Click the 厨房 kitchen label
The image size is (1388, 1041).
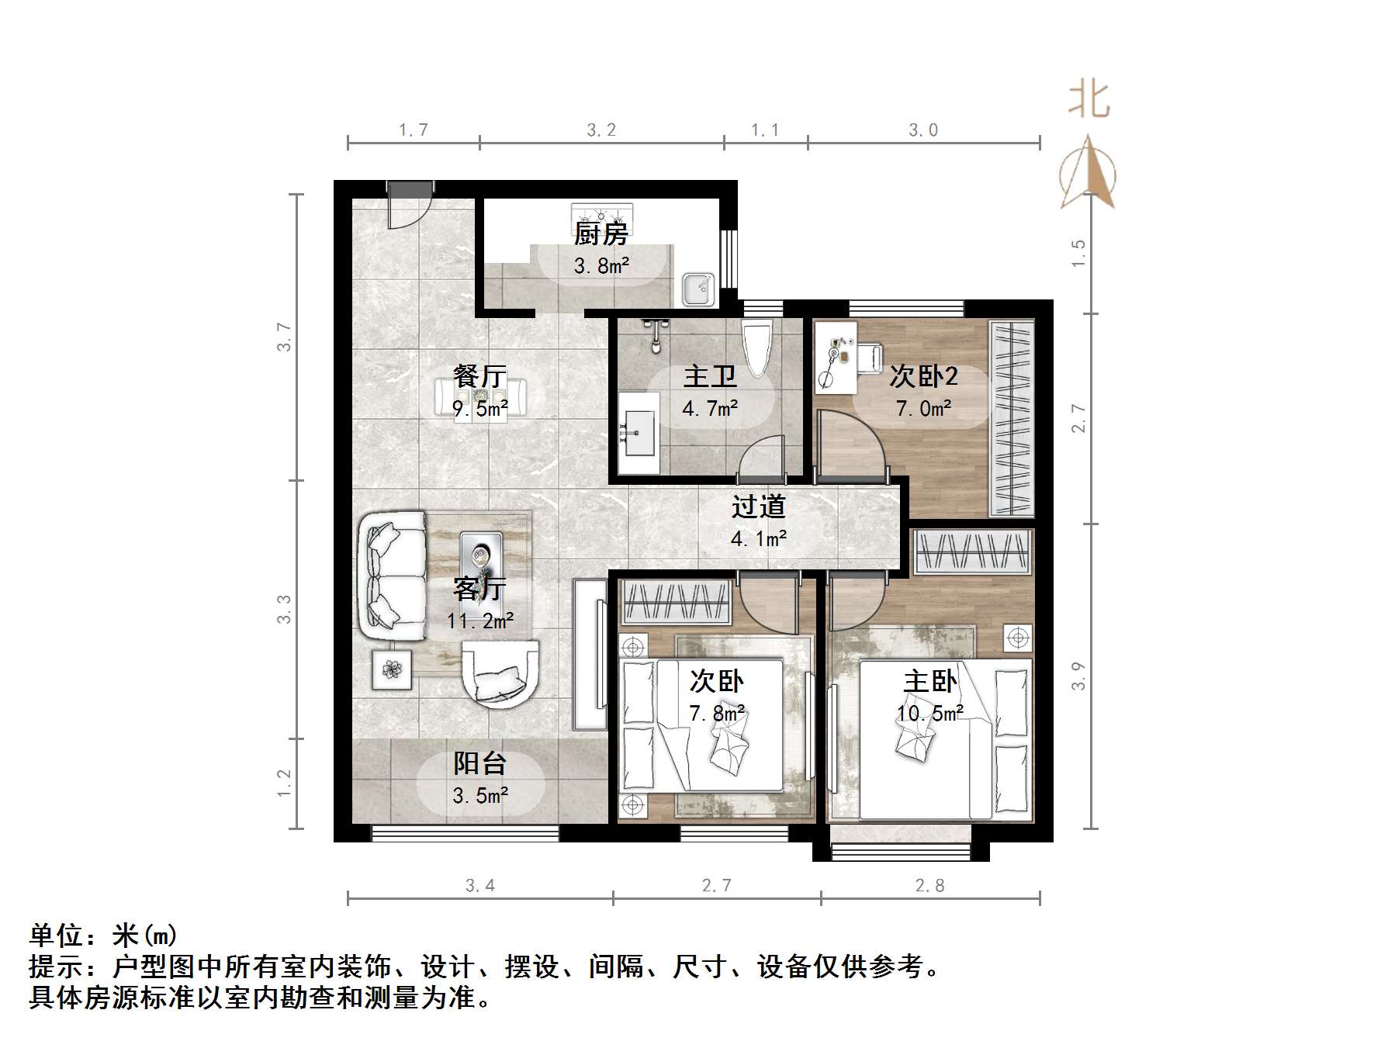(x=601, y=233)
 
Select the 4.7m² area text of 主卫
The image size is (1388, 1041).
(x=710, y=409)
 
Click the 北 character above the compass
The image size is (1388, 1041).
(x=1089, y=101)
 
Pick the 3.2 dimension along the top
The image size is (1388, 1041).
(x=601, y=130)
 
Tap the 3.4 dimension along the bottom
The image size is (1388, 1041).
(x=479, y=886)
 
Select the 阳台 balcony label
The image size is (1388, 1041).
(x=479, y=764)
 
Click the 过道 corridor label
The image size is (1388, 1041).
(x=758, y=507)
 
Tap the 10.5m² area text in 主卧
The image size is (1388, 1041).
(x=929, y=714)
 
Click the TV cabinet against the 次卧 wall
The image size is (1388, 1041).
(x=591, y=654)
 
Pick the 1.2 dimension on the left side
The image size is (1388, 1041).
(x=285, y=783)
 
